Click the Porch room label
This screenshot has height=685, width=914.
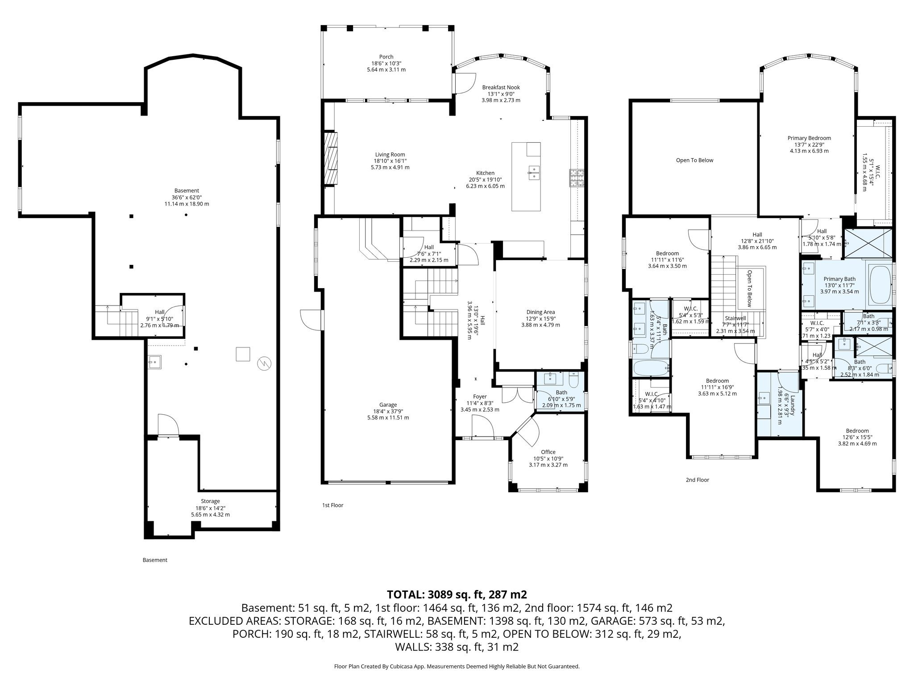[386, 57]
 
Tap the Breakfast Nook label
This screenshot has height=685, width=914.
[501, 87]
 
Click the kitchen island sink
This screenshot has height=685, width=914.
[534, 172]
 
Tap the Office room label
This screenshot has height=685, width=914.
[548, 452]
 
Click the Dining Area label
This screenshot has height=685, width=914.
[540, 312]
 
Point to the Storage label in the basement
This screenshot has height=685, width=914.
[210, 501]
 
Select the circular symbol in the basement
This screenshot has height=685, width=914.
[264, 364]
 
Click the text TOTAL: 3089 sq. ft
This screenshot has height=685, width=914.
[457, 594]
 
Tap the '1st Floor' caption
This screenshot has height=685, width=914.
[332, 505]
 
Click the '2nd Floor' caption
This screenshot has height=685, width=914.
[697, 480]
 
